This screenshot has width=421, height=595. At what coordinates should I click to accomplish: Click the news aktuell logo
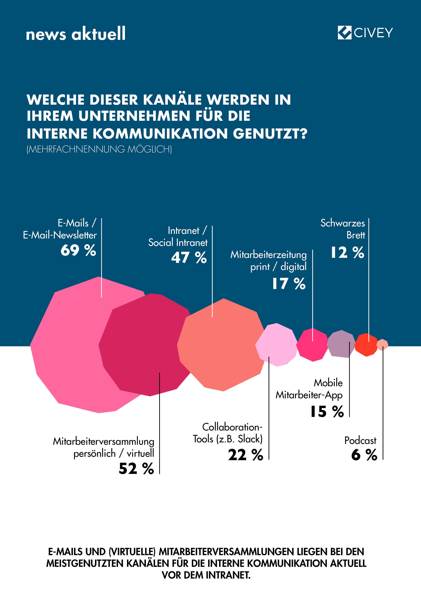pos(76,34)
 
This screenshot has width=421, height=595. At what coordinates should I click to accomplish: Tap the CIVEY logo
pos(365,33)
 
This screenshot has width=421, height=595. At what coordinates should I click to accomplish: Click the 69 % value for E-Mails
pos(78,250)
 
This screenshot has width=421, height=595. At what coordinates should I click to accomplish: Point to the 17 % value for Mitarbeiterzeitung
pos(289,283)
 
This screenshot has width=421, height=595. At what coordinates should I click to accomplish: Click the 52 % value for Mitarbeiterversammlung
pos(136,468)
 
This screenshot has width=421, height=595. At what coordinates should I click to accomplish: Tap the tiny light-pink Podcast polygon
pos(382,345)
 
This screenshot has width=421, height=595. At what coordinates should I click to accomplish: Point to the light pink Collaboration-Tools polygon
pos(277,345)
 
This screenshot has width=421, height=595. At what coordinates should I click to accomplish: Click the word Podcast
pos(360,440)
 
